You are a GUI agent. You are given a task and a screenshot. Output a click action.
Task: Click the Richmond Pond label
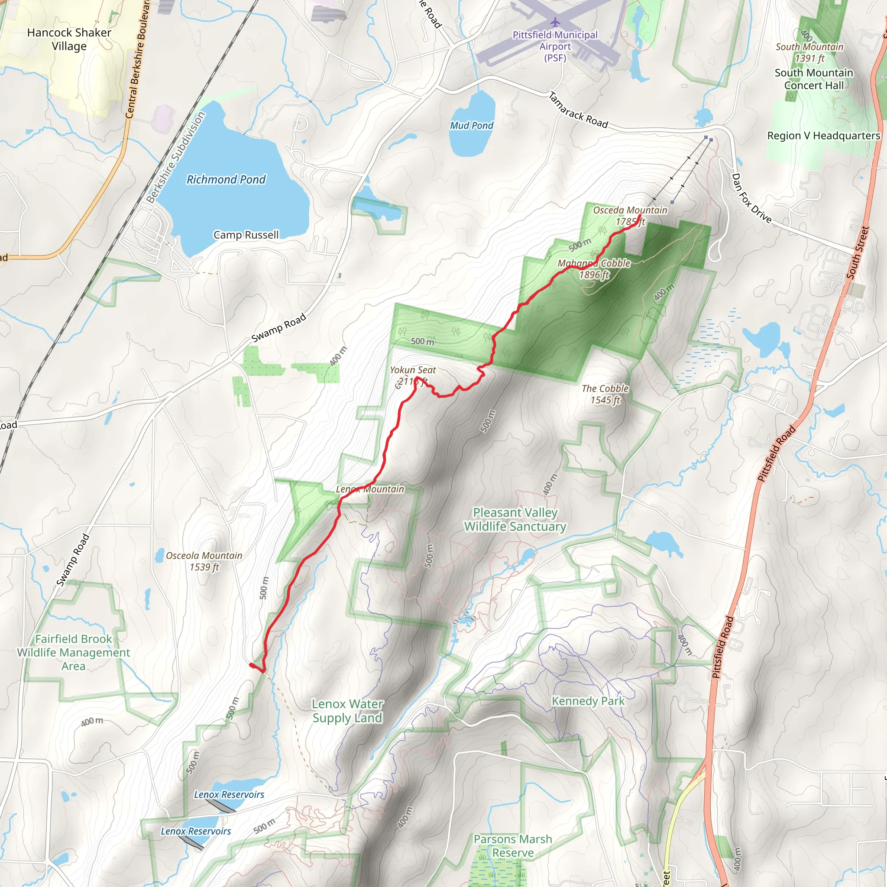[226, 179]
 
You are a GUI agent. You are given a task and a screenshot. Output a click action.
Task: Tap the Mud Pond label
[472, 125]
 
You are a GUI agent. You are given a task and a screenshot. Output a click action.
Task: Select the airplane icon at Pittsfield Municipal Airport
[556, 22]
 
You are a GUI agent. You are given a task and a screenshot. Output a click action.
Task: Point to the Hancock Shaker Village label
[69, 39]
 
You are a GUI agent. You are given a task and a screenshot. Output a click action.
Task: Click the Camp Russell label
[246, 235]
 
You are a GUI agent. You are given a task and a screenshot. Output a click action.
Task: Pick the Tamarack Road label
[579, 110]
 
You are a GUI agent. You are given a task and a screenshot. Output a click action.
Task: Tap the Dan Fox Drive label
[751, 197]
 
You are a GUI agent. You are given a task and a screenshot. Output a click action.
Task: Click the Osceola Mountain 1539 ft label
[204, 561]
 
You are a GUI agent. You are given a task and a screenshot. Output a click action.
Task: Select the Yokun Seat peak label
[413, 375]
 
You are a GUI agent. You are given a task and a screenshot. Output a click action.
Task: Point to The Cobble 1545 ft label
[605, 394]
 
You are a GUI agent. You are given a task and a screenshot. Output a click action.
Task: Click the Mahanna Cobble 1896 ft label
[594, 269]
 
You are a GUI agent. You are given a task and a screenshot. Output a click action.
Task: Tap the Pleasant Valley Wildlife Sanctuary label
[515, 519]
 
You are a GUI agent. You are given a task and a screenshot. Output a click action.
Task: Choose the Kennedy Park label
[588, 701]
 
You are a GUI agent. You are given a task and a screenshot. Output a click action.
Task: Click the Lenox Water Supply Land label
[347, 711]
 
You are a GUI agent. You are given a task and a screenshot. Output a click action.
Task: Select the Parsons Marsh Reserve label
[513, 846]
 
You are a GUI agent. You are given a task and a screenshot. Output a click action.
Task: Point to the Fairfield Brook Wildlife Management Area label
[74, 652]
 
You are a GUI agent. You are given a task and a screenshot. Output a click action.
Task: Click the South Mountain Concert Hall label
[814, 79]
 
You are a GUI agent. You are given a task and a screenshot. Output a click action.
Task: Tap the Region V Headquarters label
[824, 136]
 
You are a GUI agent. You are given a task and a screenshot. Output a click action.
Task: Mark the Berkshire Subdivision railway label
[176, 157]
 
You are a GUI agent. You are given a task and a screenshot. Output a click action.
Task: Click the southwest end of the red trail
[251, 664]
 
